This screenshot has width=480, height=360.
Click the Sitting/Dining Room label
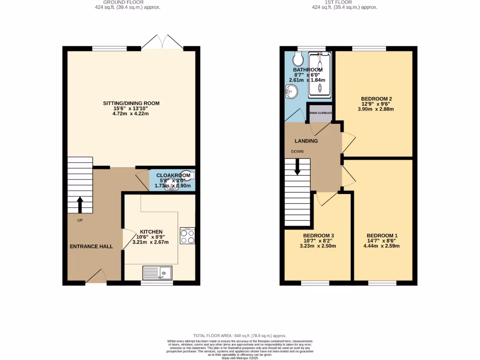[132, 103]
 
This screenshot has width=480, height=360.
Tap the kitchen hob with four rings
[187, 235]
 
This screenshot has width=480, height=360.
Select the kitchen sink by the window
[157, 272]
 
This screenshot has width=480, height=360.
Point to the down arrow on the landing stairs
[297, 167]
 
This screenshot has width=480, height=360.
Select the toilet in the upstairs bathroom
[297, 60]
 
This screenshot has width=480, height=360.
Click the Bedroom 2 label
[376, 98]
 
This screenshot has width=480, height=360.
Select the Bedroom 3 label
[318, 235]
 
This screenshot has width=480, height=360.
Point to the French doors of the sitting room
[162, 44]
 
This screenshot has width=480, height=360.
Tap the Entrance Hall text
[91, 246]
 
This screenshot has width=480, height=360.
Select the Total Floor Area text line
[240, 336]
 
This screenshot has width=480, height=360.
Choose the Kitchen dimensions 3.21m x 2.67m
[151, 242]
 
